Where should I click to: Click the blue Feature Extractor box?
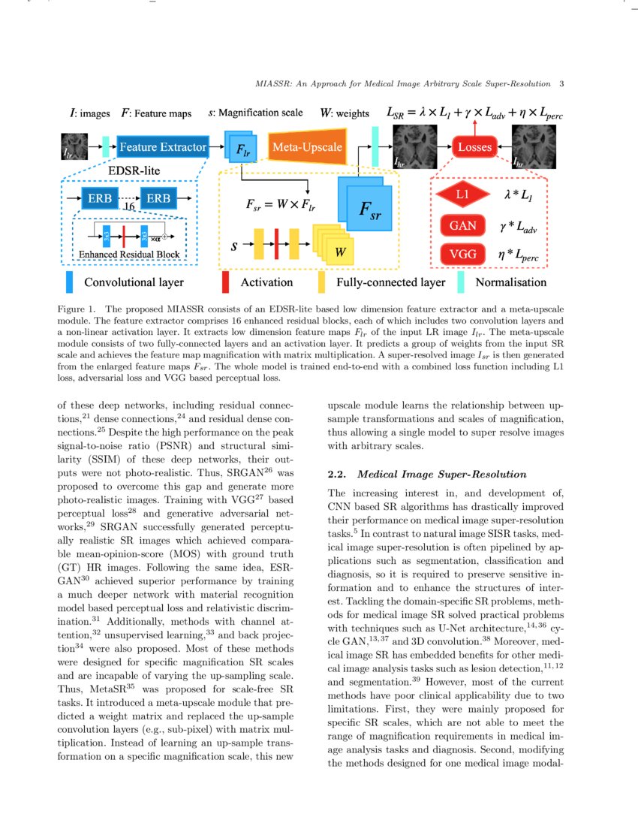coord(162,148)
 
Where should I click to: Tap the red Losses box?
coord(474,147)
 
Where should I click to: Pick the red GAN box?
coord(462,225)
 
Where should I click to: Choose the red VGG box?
coord(462,255)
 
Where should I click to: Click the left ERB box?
coord(99,198)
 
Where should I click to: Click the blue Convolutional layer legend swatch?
coord(70,282)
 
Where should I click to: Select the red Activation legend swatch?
coord(225,282)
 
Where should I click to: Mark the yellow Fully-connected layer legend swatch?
coord(321,282)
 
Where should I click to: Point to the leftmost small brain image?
coord(74,147)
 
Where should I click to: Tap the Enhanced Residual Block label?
coord(129,255)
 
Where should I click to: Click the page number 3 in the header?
coord(561,83)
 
